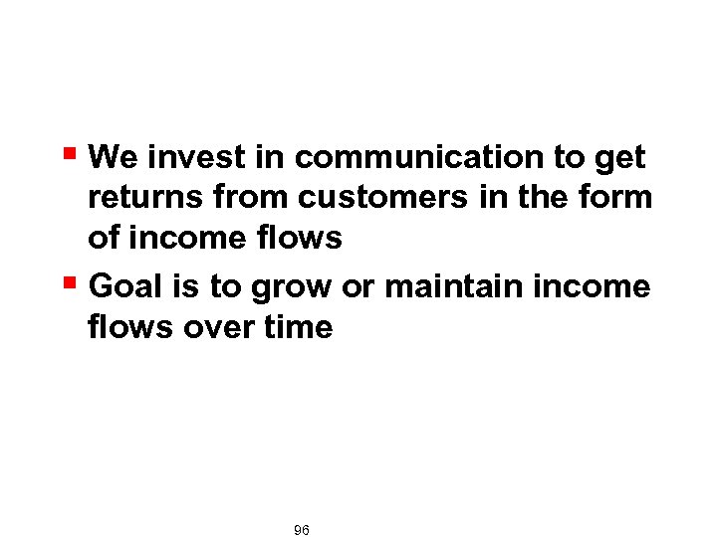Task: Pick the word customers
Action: tap(381, 198)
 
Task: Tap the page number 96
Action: tap(302, 531)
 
